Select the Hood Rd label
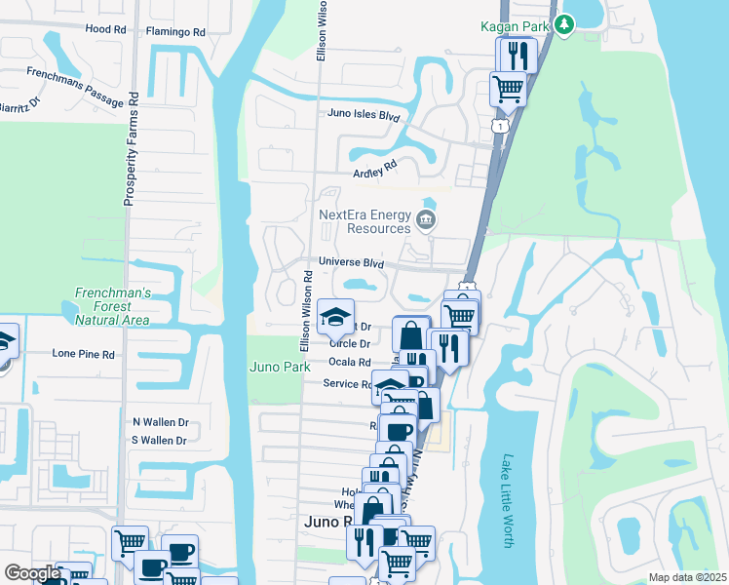(105, 29)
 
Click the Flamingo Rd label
(177, 32)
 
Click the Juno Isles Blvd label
(364, 116)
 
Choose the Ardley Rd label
(376, 170)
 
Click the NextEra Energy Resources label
(364, 221)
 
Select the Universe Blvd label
(351, 263)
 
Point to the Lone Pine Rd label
(83, 354)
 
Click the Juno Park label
(280, 367)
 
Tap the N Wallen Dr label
(160, 422)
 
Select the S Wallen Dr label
(160, 441)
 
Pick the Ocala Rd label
(349, 362)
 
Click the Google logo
(32, 573)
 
